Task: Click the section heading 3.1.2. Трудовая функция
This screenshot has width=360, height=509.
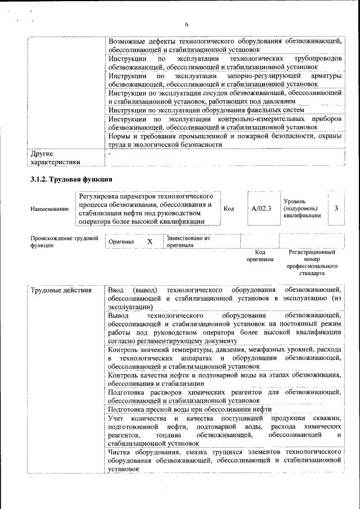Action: pos(71,179)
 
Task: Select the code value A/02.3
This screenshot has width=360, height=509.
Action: pos(261,208)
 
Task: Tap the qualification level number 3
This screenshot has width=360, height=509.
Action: pos(336,208)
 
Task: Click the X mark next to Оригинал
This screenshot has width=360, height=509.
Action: pos(150,241)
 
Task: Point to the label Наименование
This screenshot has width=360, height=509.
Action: pos(49,209)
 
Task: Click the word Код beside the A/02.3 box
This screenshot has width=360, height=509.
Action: pos(229,209)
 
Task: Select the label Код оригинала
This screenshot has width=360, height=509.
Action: pos(260,256)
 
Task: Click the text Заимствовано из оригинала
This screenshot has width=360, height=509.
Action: pos(187,242)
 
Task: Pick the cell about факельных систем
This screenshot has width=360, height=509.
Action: pos(206,110)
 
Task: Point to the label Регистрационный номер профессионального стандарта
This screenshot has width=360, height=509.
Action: pos(312,263)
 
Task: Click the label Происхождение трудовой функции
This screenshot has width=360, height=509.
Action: pos(60,242)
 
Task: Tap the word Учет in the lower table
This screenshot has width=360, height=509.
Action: pos(116,418)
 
